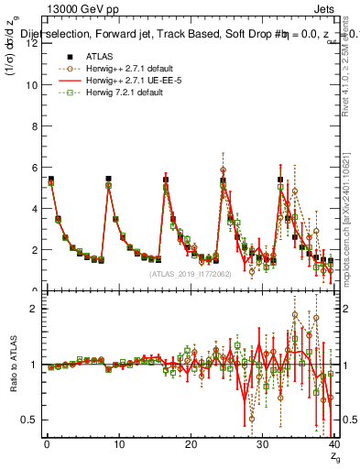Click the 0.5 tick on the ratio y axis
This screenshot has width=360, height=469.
coord(29,420)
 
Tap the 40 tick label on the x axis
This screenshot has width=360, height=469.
coord(333,444)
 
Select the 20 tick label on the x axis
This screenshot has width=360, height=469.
coord(191,444)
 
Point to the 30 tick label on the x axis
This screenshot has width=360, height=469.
coord(262,444)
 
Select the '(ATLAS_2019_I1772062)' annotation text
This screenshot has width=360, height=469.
coord(190,273)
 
